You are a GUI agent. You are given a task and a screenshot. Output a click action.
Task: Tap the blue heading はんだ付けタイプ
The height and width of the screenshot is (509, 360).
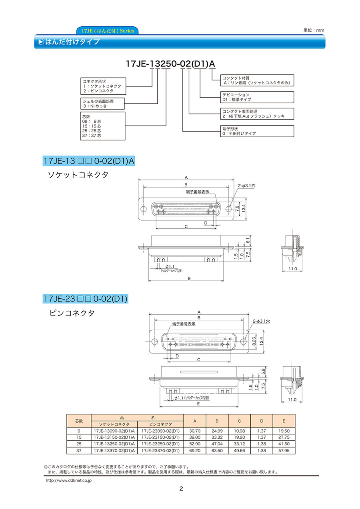click(x=72, y=42)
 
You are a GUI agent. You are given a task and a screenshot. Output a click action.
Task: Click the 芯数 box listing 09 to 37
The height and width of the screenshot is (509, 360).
click(x=102, y=126)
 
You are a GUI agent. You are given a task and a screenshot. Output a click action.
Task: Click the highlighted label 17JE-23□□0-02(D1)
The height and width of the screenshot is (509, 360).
click(x=85, y=298)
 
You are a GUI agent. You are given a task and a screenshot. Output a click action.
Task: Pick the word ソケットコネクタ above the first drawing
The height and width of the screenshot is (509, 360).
click(x=78, y=175)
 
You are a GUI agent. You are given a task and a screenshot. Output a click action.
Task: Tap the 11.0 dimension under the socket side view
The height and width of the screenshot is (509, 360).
click(x=293, y=269)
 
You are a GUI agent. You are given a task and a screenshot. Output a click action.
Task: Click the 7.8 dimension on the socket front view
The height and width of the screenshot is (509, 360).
click(x=237, y=208)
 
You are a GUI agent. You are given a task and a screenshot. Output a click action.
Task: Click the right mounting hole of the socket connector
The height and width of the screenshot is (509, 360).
click(x=229, y=208)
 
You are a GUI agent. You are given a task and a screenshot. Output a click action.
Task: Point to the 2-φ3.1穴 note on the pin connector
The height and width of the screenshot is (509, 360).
click(x=262, y=321)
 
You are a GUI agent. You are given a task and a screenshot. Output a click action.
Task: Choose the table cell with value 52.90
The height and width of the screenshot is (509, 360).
click(x=195, y=444)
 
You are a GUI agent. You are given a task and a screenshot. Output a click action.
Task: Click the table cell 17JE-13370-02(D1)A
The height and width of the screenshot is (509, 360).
click(x=114, y=451)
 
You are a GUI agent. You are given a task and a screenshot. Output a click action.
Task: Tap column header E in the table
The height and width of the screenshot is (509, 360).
click(x=284, y=421)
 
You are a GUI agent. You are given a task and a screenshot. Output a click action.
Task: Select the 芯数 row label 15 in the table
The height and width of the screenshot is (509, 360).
click(x=79, y=437)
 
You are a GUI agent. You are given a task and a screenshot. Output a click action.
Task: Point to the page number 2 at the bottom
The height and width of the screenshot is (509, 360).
click(x=181, y=489)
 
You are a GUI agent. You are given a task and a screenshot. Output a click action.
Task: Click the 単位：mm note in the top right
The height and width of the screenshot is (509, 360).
click(x=313, y=30)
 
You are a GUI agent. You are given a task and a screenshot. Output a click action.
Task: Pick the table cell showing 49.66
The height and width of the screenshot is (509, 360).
click(x=239, y=451)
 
